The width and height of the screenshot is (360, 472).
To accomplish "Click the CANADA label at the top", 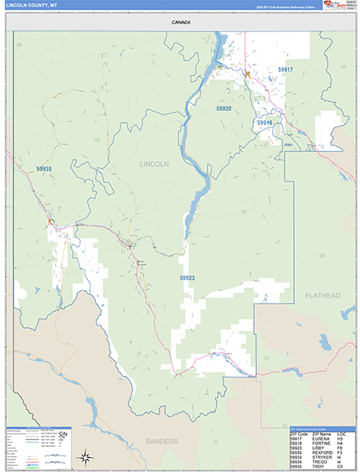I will [180, 23].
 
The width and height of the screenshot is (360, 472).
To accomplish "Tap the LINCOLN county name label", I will [154, 164].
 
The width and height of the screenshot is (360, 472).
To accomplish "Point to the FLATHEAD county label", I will [322, 295].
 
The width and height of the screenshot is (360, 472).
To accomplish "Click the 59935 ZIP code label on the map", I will [44, 169].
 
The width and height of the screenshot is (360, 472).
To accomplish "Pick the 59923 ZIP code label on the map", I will [187, 278].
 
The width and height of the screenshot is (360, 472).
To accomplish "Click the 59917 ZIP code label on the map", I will [285, 70].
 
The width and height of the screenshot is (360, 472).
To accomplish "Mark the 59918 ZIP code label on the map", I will [264, 123].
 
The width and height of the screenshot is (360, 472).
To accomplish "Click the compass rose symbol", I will [85, 456].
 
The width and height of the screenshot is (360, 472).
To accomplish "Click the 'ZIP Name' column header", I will [321, 434].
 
